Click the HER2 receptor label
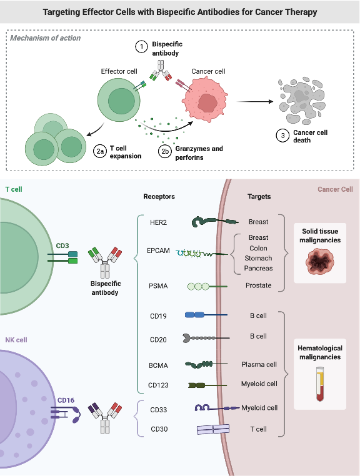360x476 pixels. pos(159,221)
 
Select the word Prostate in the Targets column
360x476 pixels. pos(258,285)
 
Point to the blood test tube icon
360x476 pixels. pos(319,384)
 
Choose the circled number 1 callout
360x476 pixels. pos(141,46)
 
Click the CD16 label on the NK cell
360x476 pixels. pos(66,399)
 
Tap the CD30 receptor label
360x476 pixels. pos(159,429)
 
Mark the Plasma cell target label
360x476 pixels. pos(259,364)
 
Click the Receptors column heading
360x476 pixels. pos(159,196)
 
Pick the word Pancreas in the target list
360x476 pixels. pos(259,267)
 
